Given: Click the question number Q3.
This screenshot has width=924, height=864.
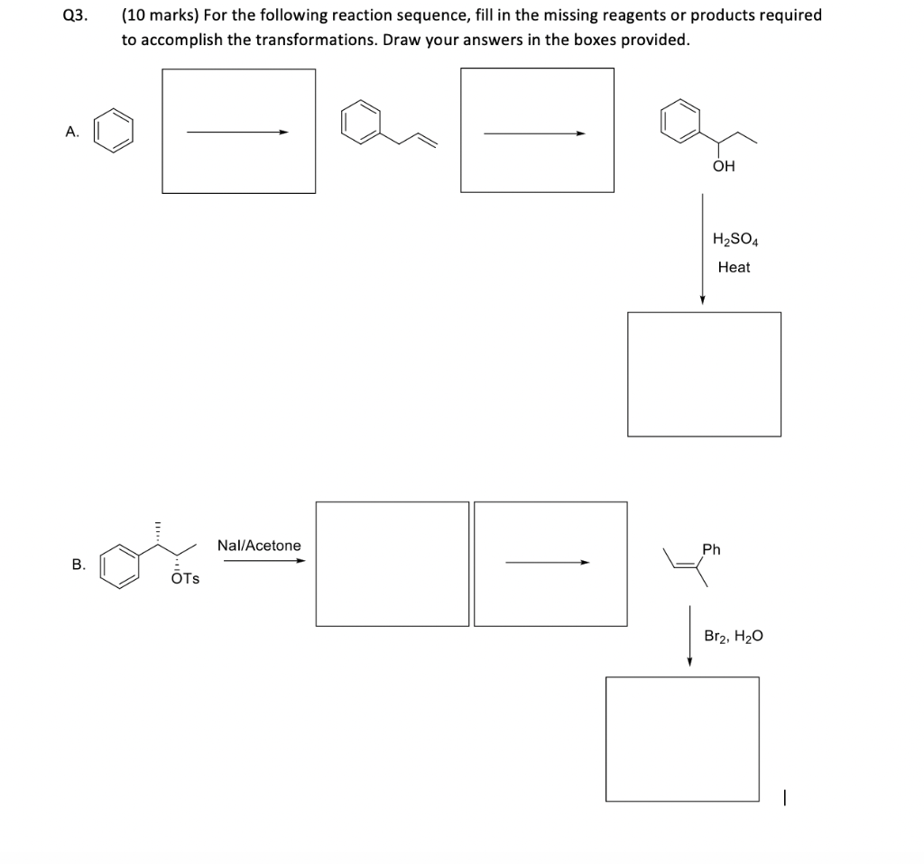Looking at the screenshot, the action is [x=75, y=15].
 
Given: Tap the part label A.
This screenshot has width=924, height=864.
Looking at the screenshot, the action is [x=72, y=132].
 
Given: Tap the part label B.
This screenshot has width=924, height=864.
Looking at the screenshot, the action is [x=79, y=565].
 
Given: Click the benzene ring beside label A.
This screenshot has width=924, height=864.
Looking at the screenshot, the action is [x=115, y=132].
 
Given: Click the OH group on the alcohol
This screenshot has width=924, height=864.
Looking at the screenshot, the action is [x=724, y=166].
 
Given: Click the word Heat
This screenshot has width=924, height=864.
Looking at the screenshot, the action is [x=734, y=267].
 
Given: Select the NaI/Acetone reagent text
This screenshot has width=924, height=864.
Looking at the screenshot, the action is [x=259, y=546].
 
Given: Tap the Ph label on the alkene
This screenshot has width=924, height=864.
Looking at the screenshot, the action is [x=711, y=549].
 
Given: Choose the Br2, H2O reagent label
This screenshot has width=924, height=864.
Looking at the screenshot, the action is [x=734, y=636].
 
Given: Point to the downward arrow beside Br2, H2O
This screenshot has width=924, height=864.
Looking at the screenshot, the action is [x=689, y=636].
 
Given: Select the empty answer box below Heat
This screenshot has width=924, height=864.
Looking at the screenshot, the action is [x=704, y=374].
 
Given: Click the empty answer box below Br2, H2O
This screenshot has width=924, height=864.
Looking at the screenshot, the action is [x=682, y=739].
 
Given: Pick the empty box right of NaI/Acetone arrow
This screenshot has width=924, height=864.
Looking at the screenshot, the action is [x=392, y=564].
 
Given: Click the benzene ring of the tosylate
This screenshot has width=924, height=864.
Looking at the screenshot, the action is [x=120, y=564].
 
